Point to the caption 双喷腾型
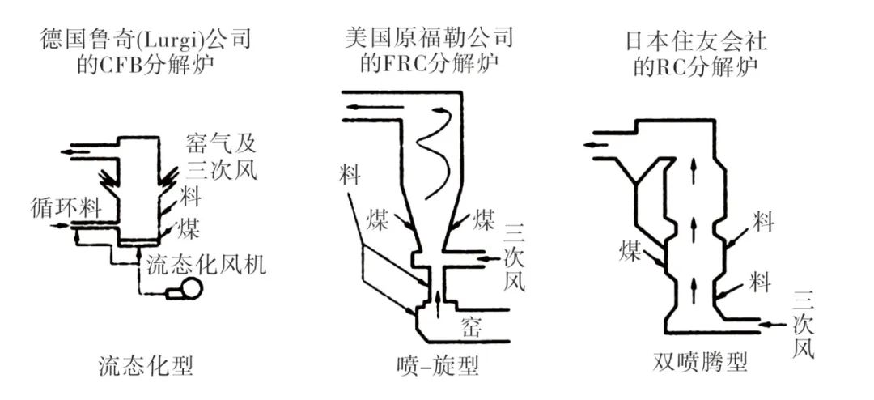tap(698, 361)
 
